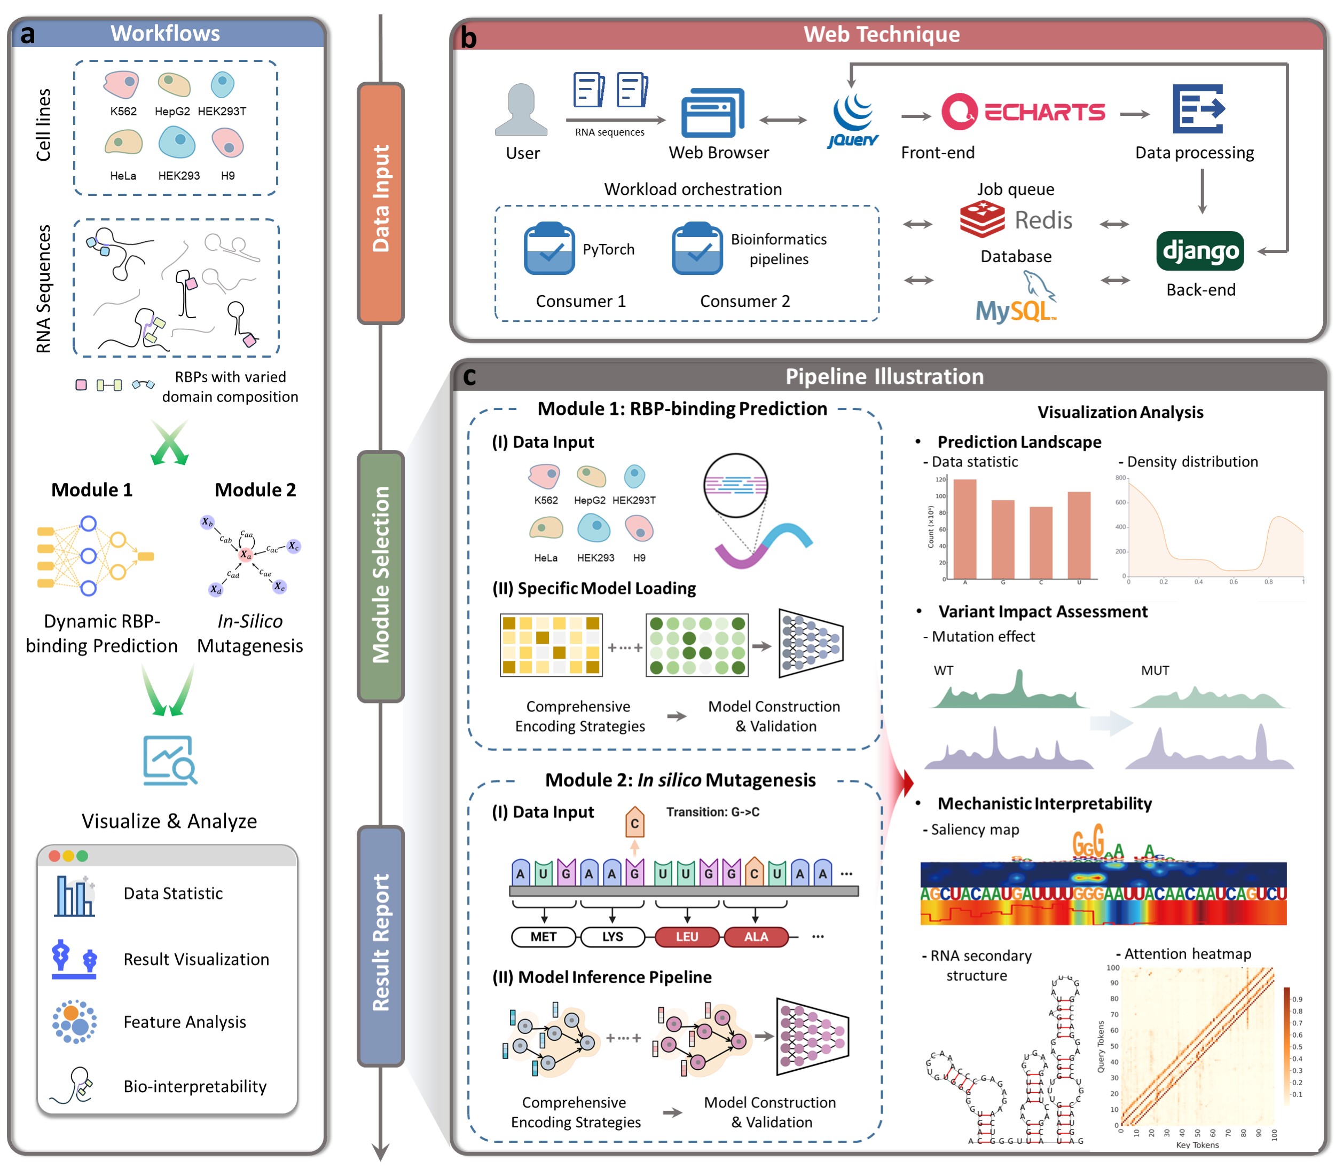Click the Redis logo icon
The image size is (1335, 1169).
point(982,219)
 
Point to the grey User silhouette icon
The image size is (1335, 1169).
point(521,109)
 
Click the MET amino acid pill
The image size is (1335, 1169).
point(544,937)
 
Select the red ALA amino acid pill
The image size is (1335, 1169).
point(756,937)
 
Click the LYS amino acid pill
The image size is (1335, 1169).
point(612,937)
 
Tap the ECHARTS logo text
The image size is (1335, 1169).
point(1044,112)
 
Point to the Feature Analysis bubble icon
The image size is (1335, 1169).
point(74,1022)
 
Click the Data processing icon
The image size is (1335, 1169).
point(1198,109)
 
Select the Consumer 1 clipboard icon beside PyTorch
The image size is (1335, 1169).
point(549,249)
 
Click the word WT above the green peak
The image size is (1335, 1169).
point(943,670)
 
